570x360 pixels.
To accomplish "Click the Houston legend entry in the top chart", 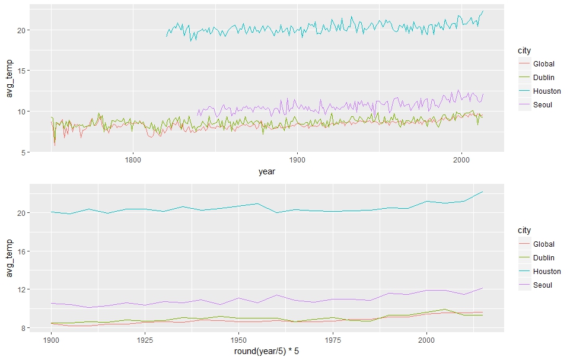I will (546, 91).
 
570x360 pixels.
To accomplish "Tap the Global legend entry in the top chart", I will (543, 63).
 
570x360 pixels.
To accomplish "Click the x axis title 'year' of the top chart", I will (267, 172).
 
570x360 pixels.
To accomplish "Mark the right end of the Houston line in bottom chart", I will (483, 192).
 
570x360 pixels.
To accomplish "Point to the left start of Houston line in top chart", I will (167, 36).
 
